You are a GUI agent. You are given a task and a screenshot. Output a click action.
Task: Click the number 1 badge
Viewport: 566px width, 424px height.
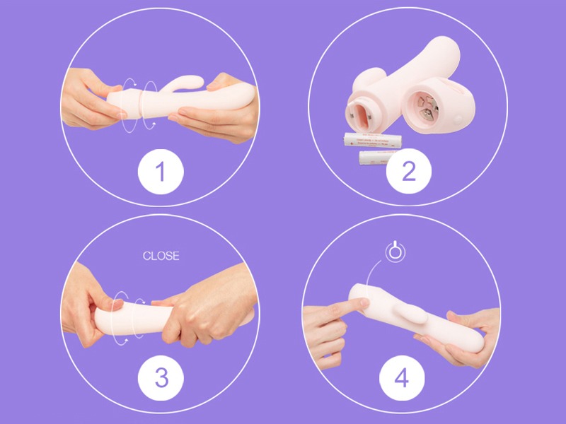(x=161, y=170)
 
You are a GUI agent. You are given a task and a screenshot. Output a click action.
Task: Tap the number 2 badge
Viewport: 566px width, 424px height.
(x=408, y=170)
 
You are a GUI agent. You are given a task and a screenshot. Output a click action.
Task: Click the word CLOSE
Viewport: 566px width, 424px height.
(x=161, y=256)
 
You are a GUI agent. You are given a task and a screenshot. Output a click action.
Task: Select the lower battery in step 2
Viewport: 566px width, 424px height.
(x=379, y=155)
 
